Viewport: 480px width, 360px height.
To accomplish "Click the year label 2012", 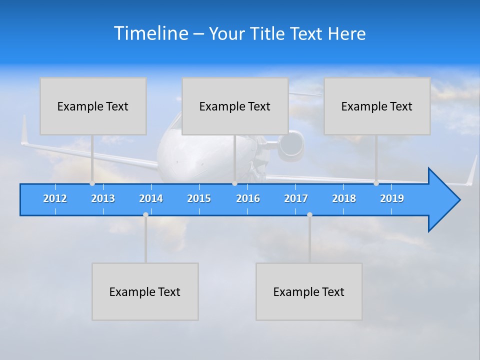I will coord(55,198).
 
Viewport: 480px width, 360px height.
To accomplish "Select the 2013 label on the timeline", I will coord(103,198).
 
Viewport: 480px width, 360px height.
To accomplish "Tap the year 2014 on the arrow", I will coord(151,198).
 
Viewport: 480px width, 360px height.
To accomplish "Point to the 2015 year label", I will coord(199,198).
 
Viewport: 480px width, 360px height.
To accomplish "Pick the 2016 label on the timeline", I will coord(248,198).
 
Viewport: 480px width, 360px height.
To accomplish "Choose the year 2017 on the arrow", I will coord(296,198).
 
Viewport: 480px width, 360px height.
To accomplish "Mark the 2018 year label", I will coord(344,198).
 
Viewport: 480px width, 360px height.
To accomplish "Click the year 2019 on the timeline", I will coord(392,198).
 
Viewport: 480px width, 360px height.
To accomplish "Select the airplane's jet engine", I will coord(291,145).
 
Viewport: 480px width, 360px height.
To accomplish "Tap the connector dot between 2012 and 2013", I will coord(92,183).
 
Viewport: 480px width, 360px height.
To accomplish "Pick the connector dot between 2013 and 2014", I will coord(145,214).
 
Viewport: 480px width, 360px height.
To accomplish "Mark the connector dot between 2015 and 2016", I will coord(234,183).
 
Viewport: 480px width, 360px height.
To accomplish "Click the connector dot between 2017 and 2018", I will coord(309,214).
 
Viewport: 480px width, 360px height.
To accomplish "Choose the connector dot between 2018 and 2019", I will coord(376,183).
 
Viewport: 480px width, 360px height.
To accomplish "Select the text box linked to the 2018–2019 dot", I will coord(377,106).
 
